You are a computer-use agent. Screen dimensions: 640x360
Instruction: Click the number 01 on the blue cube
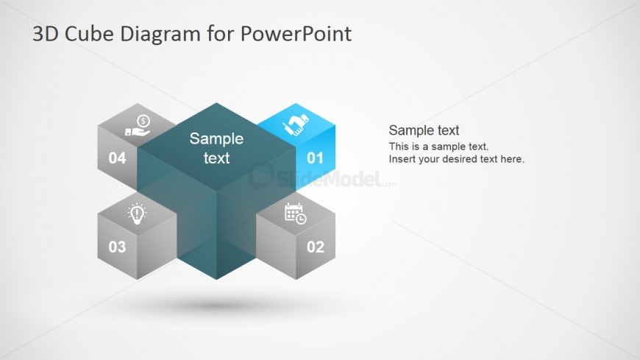[315, 158]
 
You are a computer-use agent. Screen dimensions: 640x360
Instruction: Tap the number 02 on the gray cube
[316, 247]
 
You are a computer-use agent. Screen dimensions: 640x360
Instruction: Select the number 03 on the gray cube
[117, 247]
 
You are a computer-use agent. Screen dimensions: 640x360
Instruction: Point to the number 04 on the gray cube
[117, 158]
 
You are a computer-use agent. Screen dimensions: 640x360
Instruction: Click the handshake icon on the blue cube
[296, 124]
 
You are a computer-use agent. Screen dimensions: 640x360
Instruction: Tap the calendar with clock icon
[295, 213]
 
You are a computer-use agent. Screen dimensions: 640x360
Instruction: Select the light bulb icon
[137, 213]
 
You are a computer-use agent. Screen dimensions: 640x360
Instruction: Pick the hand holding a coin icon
[138, 125]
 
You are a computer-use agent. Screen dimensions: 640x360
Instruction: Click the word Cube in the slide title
[89, 34]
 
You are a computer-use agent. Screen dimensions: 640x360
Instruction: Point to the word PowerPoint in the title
[296, 34]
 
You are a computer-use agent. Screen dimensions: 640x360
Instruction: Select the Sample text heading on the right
[424, 130]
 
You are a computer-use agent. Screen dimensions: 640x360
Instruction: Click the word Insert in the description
[401, 159]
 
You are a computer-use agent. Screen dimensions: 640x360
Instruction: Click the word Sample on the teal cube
[216, 139]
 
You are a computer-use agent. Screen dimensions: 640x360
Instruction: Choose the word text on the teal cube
[216, 158]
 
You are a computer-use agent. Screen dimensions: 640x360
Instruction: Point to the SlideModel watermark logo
[322, 177]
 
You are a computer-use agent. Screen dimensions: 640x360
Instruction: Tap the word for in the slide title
[221, 34]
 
